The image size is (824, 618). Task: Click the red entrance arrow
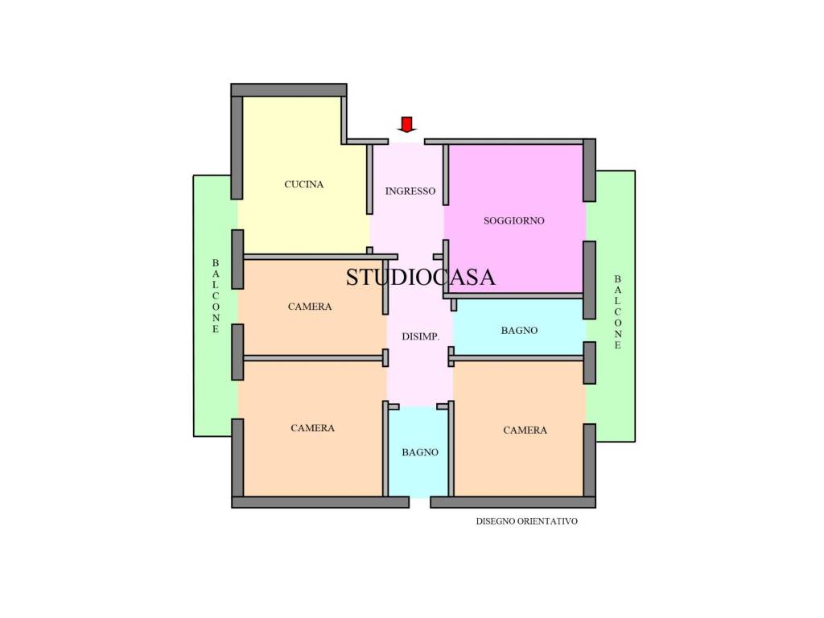tap(406, 125)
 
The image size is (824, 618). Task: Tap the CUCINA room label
tap(303, 184)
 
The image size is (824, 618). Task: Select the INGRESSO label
tap(410, 192)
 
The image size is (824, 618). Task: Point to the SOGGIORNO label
tap(514, 220)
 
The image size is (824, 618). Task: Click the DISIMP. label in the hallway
tap(420, 337)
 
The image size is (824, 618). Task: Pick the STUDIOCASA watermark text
tap(420, 277)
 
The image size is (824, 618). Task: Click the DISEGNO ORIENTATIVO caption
tap(526, 521)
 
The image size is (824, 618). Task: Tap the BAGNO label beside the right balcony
tap(519, 331)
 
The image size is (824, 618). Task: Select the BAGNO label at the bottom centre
tap(420, 452)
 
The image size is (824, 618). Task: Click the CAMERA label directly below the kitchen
tap(310, 307)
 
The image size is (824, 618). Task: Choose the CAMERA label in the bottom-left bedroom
tap(313, 428)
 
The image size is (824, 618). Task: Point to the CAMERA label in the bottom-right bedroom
tap(525, 431)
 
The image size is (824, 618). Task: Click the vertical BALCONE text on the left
tap(216, 296)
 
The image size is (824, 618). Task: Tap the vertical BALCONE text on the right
tap(617, 312)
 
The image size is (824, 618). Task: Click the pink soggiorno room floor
tap(514, 252)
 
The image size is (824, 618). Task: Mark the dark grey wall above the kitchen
tap(289, 90)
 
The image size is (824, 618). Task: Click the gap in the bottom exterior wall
tap(420, 502)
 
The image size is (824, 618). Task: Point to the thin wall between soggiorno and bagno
tap(513, 296)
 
